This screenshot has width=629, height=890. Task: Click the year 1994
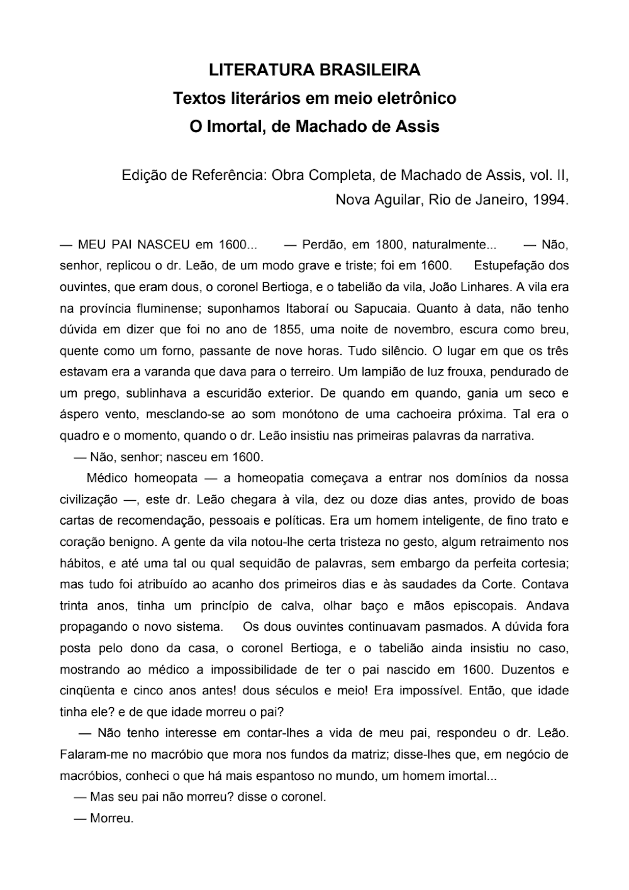[550, 200]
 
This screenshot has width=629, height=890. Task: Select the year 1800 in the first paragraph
[389, 244]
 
